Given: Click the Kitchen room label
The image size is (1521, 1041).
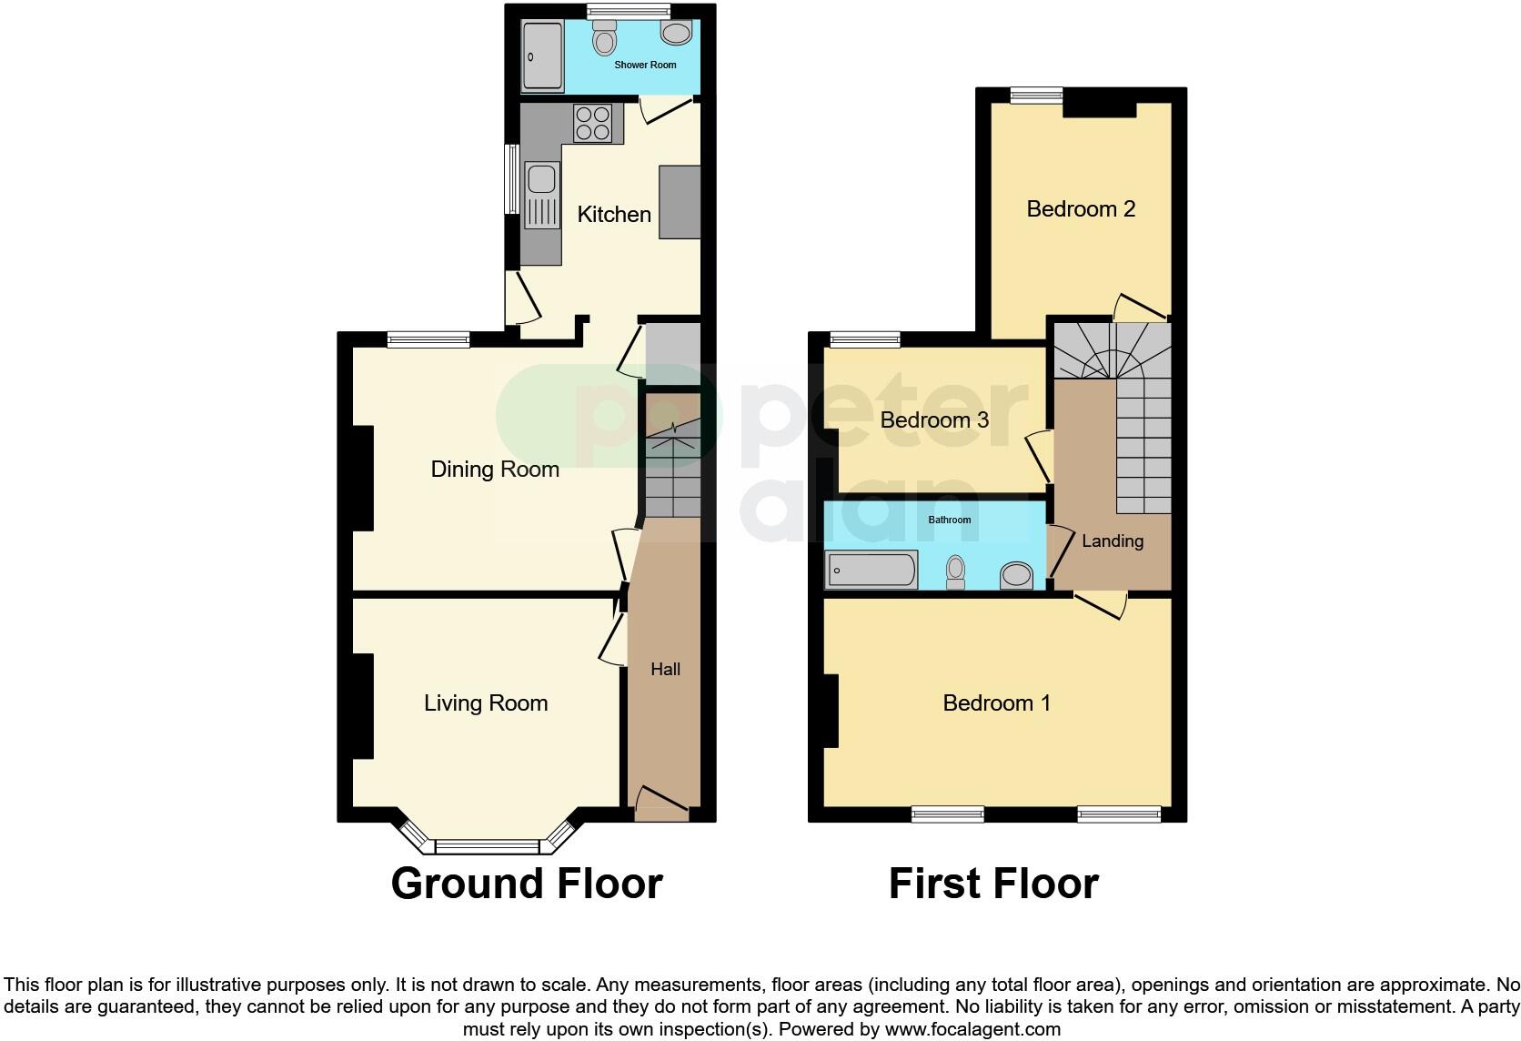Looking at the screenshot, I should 614,215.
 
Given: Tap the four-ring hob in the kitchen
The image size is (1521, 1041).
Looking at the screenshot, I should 592,123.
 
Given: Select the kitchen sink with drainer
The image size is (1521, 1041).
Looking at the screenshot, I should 542,195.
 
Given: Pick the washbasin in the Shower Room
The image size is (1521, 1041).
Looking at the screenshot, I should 676,34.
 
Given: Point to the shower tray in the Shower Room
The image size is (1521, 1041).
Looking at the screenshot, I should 542,57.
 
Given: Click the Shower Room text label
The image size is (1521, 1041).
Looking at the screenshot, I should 645,66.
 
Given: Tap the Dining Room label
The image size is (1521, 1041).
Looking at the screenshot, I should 495,470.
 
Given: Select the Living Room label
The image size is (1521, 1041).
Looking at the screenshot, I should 486,703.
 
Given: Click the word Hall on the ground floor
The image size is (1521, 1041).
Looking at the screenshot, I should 665,670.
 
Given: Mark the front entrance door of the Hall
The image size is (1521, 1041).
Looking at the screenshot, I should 661,800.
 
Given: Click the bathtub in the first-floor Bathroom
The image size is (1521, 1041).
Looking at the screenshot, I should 871,571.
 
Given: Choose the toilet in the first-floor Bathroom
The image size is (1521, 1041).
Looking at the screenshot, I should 955,571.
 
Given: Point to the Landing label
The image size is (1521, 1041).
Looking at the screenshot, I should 1113,541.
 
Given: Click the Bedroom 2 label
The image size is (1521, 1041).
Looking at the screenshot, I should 1081,209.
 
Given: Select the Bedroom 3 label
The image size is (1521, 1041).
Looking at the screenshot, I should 934,420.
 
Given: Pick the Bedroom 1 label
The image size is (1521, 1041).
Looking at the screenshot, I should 996,703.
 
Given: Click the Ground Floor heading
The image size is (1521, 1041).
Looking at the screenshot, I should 527,884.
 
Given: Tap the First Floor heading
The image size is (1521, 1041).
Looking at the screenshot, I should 993,884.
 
